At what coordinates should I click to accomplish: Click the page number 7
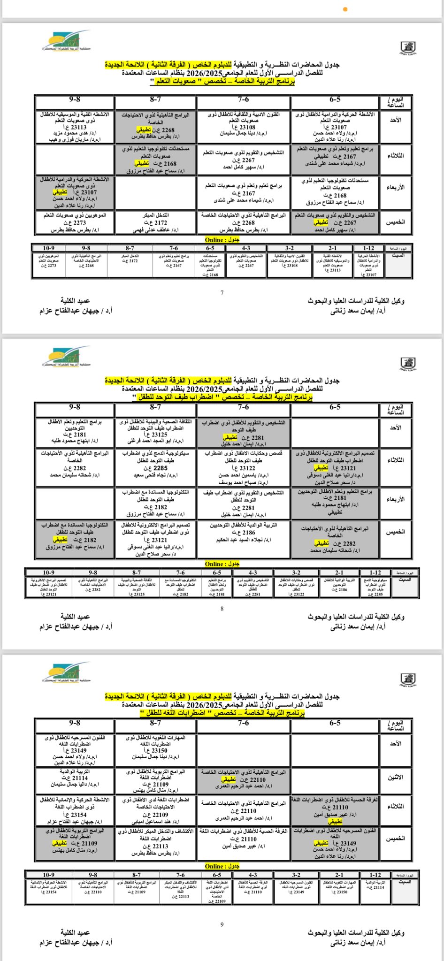(x=222, y=293)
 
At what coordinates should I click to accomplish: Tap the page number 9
(x=222, y=924)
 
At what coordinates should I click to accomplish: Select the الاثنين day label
(x=395, y=778)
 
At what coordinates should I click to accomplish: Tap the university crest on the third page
(x=408, y=679)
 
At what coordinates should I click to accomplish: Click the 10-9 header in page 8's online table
(x=48, y=572)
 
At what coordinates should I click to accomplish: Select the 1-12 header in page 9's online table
(x=375, y=875)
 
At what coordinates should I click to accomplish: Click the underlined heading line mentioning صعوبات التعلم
(x=222, y=81)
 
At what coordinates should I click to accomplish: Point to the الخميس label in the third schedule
(x=395, y=838)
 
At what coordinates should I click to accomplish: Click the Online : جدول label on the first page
(x=222, y=240)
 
